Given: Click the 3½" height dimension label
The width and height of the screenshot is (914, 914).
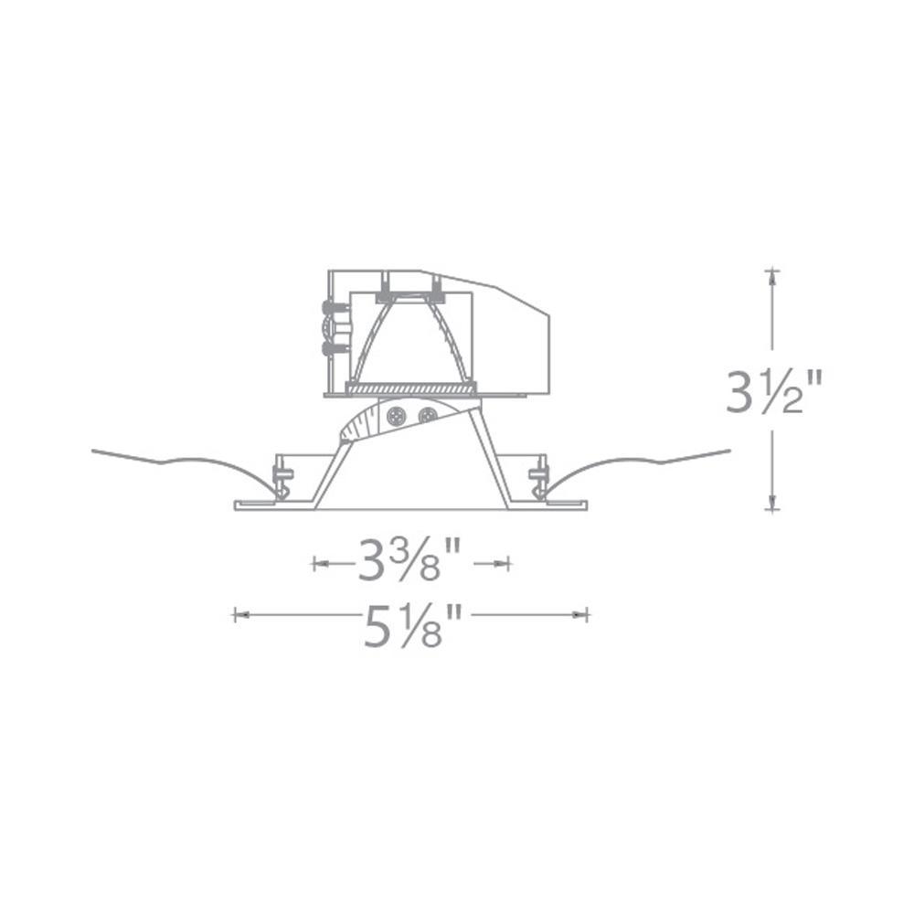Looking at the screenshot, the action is (x=773, y=391).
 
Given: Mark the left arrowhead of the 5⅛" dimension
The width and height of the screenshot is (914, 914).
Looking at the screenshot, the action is (x=240, y=614).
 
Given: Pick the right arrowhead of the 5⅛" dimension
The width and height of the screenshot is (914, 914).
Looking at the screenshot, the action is (x=580, y=614).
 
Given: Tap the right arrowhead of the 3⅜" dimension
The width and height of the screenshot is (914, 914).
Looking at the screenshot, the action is (x=503, y=564).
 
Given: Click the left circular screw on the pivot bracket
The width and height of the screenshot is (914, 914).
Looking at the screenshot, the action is (x=397, y=416).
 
